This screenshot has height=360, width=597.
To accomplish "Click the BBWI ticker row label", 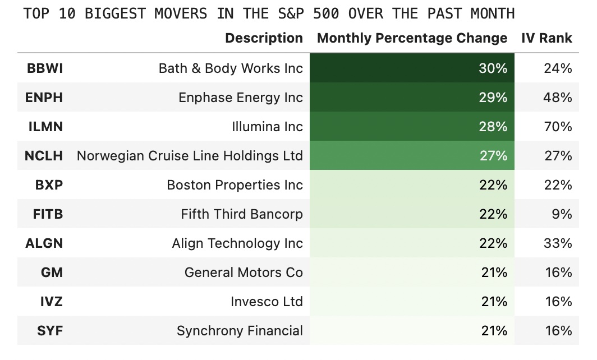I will tap(45, 68).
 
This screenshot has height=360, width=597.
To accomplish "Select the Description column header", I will tap(264, 38).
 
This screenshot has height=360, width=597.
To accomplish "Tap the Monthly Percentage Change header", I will tap(412, 38).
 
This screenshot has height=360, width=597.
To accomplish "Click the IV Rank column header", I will tap(547, 38).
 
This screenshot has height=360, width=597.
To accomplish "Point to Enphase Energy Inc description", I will tap(240, 98).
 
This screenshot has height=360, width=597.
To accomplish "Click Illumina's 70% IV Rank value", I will tap(558, 127).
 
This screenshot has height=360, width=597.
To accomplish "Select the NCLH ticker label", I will tap(44, 156).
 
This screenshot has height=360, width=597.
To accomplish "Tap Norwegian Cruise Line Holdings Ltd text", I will tap(190, 156).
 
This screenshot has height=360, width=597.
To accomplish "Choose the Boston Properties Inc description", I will tap(235, 185).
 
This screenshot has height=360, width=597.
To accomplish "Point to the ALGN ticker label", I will tap(44, 243).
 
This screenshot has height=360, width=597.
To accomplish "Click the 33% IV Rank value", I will tap(558, 243).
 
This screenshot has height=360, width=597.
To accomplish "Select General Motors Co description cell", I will tap(244, 273).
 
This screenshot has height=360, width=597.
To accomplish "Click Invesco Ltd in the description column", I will tap(267, 302).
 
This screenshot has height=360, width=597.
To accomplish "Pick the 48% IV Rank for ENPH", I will tap(558, 98).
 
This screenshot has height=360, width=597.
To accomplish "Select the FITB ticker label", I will tap(49, 214).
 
